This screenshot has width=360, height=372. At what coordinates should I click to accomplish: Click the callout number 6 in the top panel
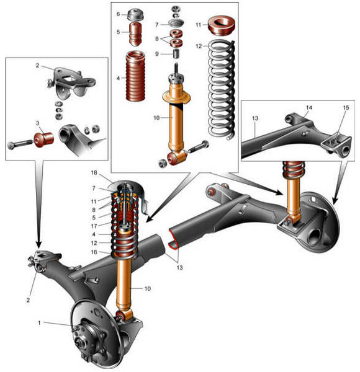[118, 14]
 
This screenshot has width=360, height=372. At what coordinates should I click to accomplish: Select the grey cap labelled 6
[135, 15]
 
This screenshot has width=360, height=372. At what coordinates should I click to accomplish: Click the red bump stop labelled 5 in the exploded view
[135, 33]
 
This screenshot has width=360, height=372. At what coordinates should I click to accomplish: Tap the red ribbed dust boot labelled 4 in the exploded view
[135, 76]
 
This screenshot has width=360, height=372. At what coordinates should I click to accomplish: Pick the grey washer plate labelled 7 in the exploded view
[176, 24]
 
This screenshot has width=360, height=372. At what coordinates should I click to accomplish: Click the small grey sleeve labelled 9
[176, 53]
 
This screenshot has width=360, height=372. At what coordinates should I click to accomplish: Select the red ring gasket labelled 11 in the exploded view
[222, 25]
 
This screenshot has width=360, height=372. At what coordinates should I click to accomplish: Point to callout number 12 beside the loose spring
[199, 46]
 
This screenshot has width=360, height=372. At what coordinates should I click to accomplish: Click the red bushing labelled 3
[44, 139]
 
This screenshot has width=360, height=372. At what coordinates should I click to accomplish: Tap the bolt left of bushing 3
[20, 144]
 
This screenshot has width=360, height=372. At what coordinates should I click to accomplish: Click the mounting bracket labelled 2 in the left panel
[71, 82]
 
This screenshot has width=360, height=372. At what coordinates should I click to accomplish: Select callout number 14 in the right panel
[309, 108]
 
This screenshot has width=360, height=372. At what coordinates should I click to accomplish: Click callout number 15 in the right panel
[346, 108]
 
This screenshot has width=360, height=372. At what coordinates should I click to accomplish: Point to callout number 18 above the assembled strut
[94, 172]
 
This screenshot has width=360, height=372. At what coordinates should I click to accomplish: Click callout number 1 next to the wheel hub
[40, 323]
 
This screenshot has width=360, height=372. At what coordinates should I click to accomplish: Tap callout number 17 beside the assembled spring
[94, 226]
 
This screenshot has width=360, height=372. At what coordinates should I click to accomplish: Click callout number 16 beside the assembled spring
[94, 252]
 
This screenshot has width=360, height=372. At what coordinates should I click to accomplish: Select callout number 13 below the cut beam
[179, 268]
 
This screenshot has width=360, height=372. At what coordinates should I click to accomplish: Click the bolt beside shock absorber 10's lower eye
[199, 147]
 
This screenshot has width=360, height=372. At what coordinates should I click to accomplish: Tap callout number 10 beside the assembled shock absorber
[148, 288]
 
